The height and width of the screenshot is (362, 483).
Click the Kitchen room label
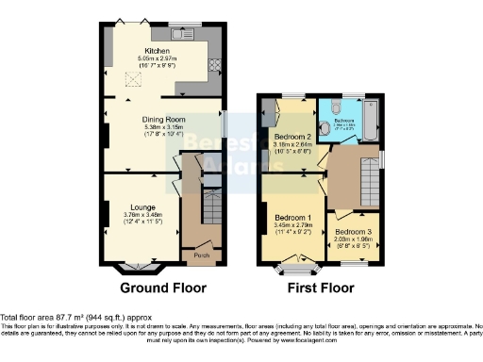click(156, 51)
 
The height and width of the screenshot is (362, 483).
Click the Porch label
click(201, 255)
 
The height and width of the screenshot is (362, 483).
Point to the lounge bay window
click(142, 268)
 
